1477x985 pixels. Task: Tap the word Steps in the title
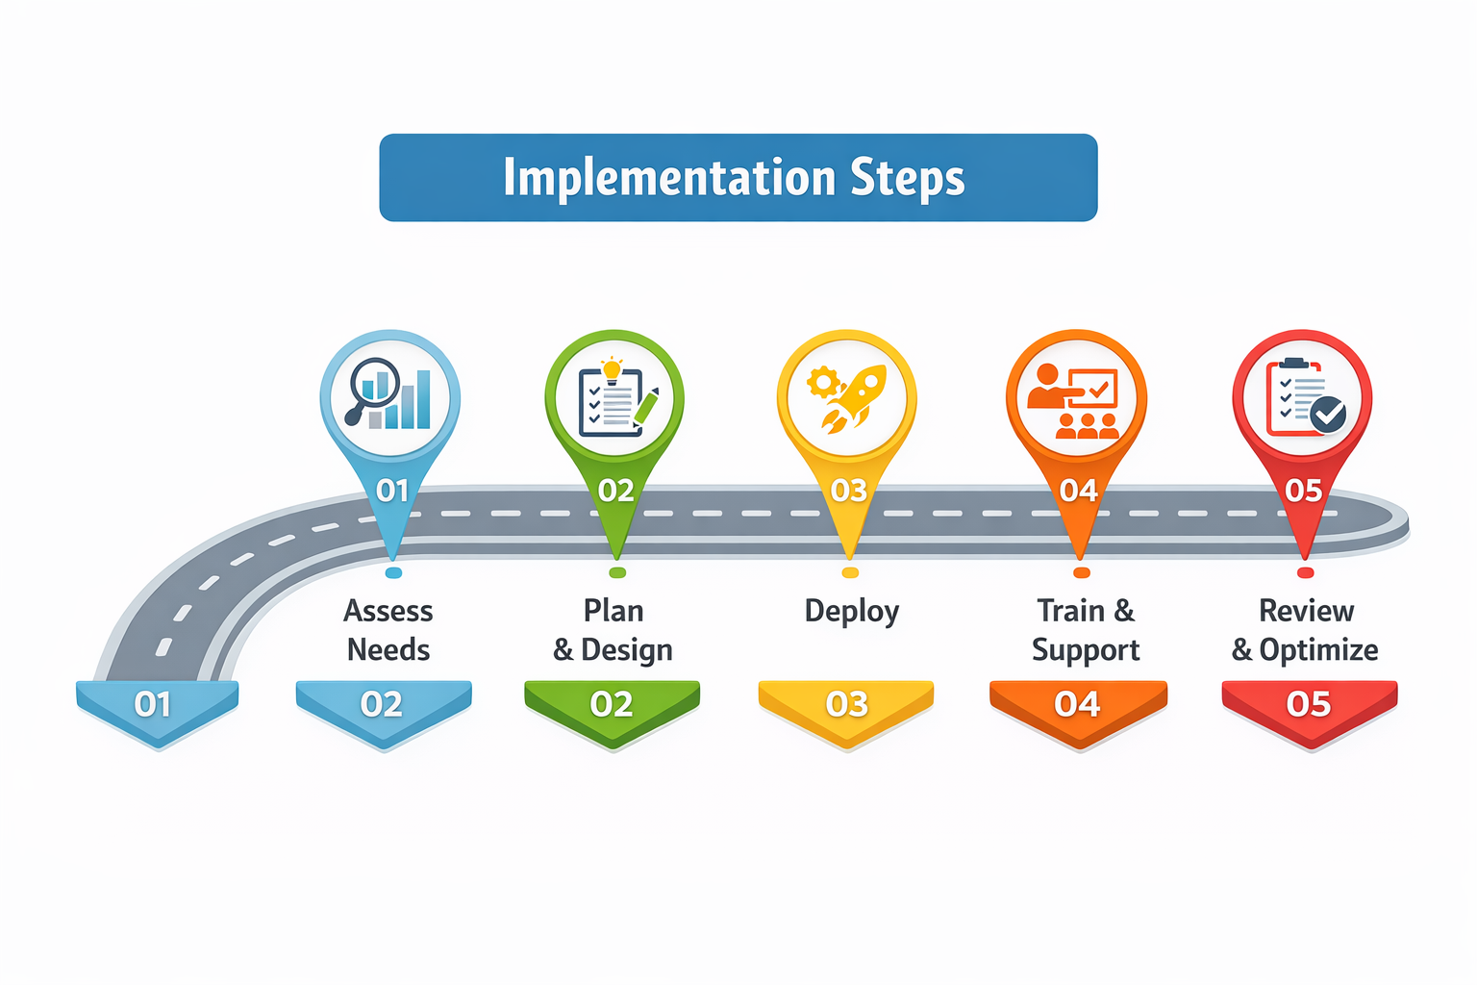[x=907, y=179]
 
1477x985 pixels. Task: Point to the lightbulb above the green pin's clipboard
[x=612, y=368]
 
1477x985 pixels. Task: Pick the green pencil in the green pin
[x=646, y=406]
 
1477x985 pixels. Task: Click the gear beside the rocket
[x=823, y=383]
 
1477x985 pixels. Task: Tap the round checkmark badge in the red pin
[x=1328, y=415]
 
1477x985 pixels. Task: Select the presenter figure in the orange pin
[x=1046, y=388]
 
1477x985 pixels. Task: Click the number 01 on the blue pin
[x=392, y=492]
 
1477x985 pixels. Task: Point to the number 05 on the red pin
[x=1304, y=492]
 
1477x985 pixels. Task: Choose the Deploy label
[x=851, y=612]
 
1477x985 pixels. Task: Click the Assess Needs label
[x=388, y=630]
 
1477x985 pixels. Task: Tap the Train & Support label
[x=1086, y=630]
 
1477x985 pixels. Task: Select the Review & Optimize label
[x=1305, y=630]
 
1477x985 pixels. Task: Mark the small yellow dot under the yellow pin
[x=850, y=573]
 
